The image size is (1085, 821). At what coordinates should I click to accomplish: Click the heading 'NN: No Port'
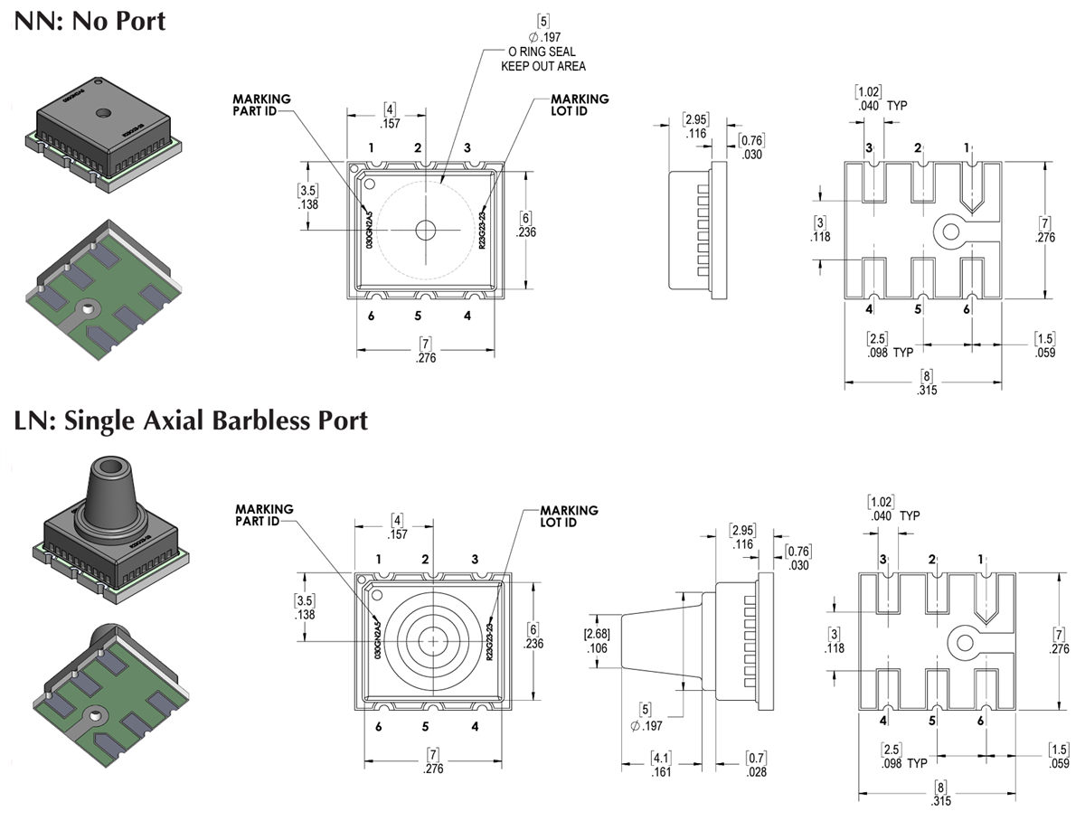tap(90, 19)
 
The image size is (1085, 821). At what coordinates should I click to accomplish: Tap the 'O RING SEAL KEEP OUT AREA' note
tap(542, 59)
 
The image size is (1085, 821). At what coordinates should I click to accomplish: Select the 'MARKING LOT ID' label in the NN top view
tap(580, 105)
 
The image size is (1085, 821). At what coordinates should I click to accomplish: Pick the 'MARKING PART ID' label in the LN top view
tap(264, 514)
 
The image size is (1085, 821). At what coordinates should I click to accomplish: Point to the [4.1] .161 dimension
tap(661, 765)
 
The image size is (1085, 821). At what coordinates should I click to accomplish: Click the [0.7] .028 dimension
tap(757, 765)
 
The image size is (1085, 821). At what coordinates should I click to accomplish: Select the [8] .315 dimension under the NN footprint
tap(925, 382)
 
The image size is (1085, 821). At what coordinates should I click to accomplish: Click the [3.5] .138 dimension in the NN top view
tap(308, 198)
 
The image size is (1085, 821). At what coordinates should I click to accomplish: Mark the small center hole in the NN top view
tap(425, 231)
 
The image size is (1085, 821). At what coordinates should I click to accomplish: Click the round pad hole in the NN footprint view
tap(950, 231)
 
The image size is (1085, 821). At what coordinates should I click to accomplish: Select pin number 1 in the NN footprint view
tap(966, 147)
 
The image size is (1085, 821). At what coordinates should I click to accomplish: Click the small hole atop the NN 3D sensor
tap(103, 114)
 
